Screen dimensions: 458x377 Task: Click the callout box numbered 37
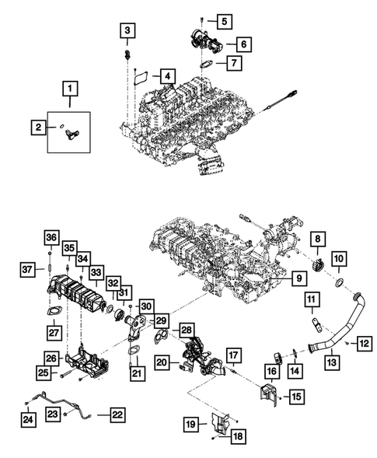(x=27, y=270)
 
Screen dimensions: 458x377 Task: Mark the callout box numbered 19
(x=190, y=425)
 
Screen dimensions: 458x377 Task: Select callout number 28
(x=187, y=330)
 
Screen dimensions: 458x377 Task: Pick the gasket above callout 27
(x=52, y=313)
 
